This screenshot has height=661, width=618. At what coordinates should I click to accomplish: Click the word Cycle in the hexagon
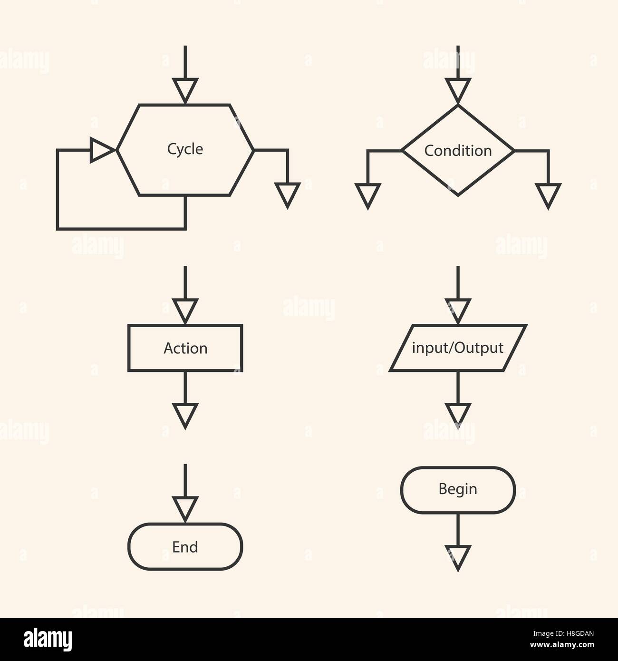click(185, 149)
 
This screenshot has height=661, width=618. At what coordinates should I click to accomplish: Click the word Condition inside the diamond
click(458, 151)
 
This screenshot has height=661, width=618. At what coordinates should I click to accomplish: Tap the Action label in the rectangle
click(185, 348)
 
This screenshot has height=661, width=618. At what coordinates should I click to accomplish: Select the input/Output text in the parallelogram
click(457, 348)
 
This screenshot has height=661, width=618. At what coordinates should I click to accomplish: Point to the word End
click(185, 547)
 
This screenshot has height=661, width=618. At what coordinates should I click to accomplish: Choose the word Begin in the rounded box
click(458, 489)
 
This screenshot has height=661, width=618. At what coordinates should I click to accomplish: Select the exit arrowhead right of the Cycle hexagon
click(287, 194)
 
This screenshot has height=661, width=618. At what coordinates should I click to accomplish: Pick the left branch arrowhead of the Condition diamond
click(367, 195)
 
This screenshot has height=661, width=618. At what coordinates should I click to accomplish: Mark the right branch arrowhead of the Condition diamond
click(548, 195)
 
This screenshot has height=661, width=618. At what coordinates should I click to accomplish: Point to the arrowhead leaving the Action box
click(185, 415)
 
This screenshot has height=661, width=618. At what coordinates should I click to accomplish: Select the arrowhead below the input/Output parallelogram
click(458, 415)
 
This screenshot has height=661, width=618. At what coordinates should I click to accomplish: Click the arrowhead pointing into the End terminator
click(185, 509)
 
